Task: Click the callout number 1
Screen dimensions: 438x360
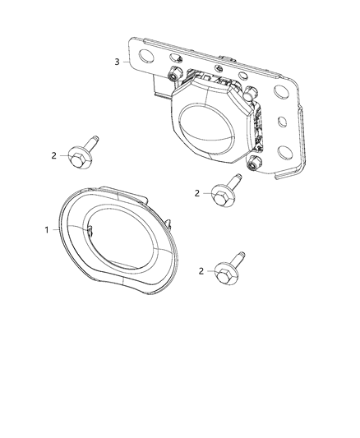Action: click(47, 229)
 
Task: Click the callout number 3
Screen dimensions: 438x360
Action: click(118, 62)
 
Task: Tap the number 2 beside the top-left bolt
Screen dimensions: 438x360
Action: click(54, 154)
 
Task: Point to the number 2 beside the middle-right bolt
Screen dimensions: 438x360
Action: click(197, 193)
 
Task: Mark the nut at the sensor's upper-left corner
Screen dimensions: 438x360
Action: click(173, 76)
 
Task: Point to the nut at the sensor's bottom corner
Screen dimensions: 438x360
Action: click(254, 165)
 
